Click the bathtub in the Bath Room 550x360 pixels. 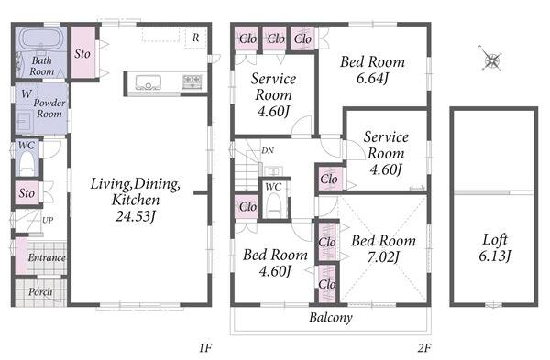coord(41,38)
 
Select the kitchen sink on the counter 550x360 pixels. coord(148,82)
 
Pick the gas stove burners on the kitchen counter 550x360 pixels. coord(192,82)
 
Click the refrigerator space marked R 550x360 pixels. coord(196,37)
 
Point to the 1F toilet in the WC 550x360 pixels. coord(27,164)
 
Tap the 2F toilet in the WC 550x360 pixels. coord(273,206)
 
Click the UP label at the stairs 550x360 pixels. coord(48,220)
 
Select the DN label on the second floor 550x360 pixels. coord(268,151)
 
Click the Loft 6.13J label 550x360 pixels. coord(495,247)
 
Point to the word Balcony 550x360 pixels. coord(331,318)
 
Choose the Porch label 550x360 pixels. coord(40,291)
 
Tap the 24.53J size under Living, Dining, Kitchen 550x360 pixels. coord(136,216)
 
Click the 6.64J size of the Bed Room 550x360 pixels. coord(372,78)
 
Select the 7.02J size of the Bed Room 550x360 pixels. coord(383,257)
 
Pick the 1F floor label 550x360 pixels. coord(205,348)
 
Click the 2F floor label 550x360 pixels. coord(424,348)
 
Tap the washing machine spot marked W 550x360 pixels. coord(27,93)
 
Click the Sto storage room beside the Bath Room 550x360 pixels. coord(83,52)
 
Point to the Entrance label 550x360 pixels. coord(47,257)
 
